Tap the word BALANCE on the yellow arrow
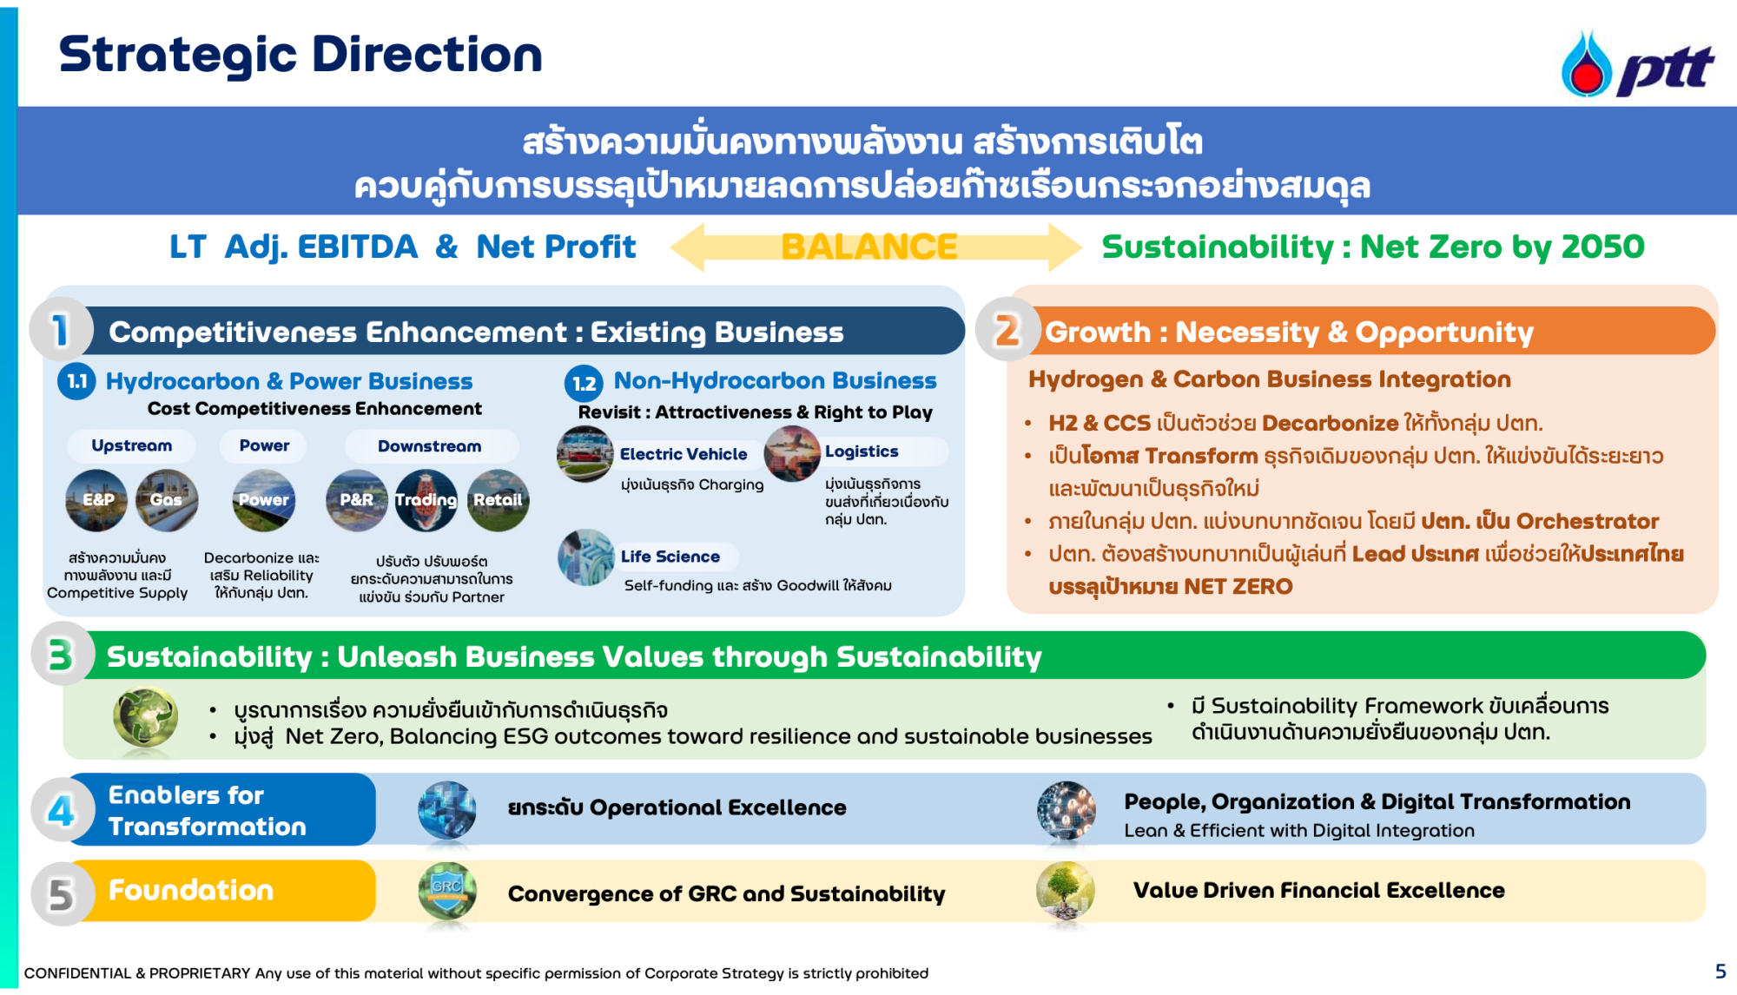point(869,247)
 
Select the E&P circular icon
point(96,500)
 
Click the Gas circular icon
point(167,500)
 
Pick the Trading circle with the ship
point(426,500)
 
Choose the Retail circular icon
point(498,500)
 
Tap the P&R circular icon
point(356,500)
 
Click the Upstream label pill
point(132,445)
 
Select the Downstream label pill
point(430,446)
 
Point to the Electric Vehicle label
point(684,454)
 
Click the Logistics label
point(862,451)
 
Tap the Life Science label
point(670,557)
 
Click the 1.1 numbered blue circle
point(76,381)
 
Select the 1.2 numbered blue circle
point(584,383)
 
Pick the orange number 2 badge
point(1007,330)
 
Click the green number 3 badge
point(62,656)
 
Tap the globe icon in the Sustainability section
point(146,717)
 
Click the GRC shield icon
point(446,891)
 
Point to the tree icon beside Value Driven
point(1066,891)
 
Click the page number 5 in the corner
point(1720,972)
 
